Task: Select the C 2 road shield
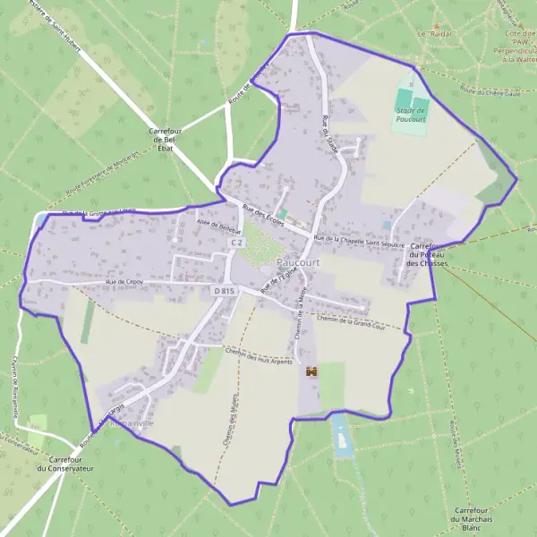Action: point(236,243)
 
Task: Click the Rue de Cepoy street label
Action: point(124,283)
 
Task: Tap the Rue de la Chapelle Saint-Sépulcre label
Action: point(361,241)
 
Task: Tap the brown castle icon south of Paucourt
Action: point(311,371)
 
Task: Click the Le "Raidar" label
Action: point(437,33)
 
